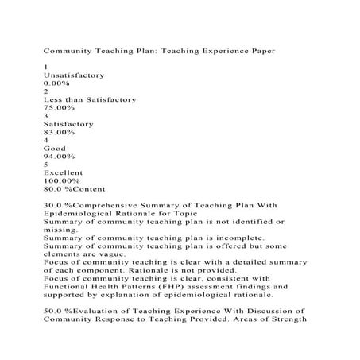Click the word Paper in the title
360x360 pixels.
[259, 50]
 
